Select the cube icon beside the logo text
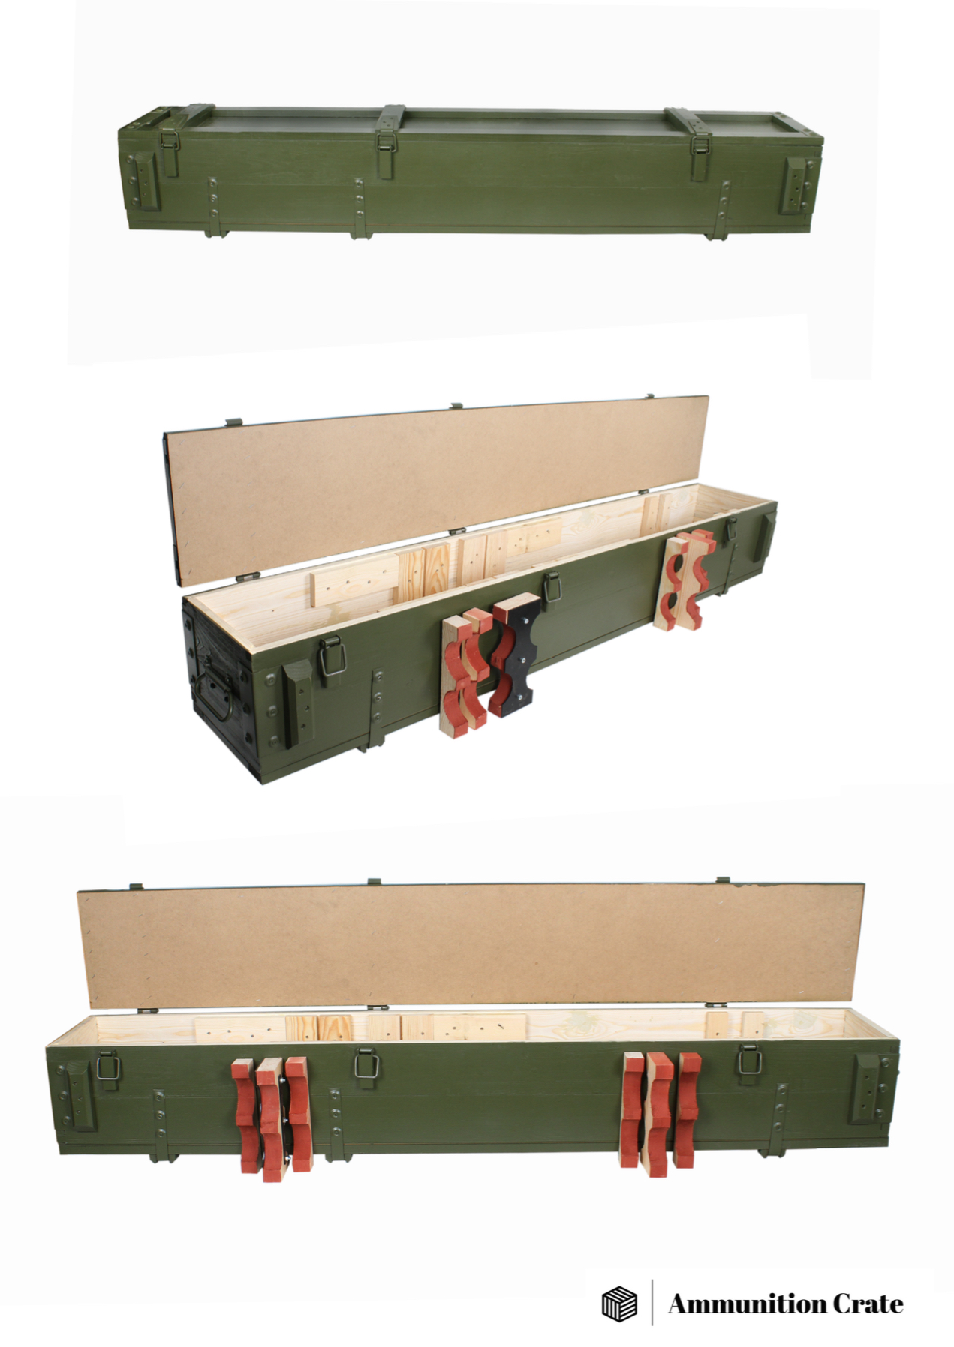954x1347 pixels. coord(619,1303)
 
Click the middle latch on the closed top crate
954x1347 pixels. coord(387,145)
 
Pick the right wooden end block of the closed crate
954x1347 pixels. coord(795,184)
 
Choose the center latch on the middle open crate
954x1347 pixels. coord(552,585)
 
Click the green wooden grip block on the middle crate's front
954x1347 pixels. coord(298,703)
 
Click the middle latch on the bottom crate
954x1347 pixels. coord(366,1063)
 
